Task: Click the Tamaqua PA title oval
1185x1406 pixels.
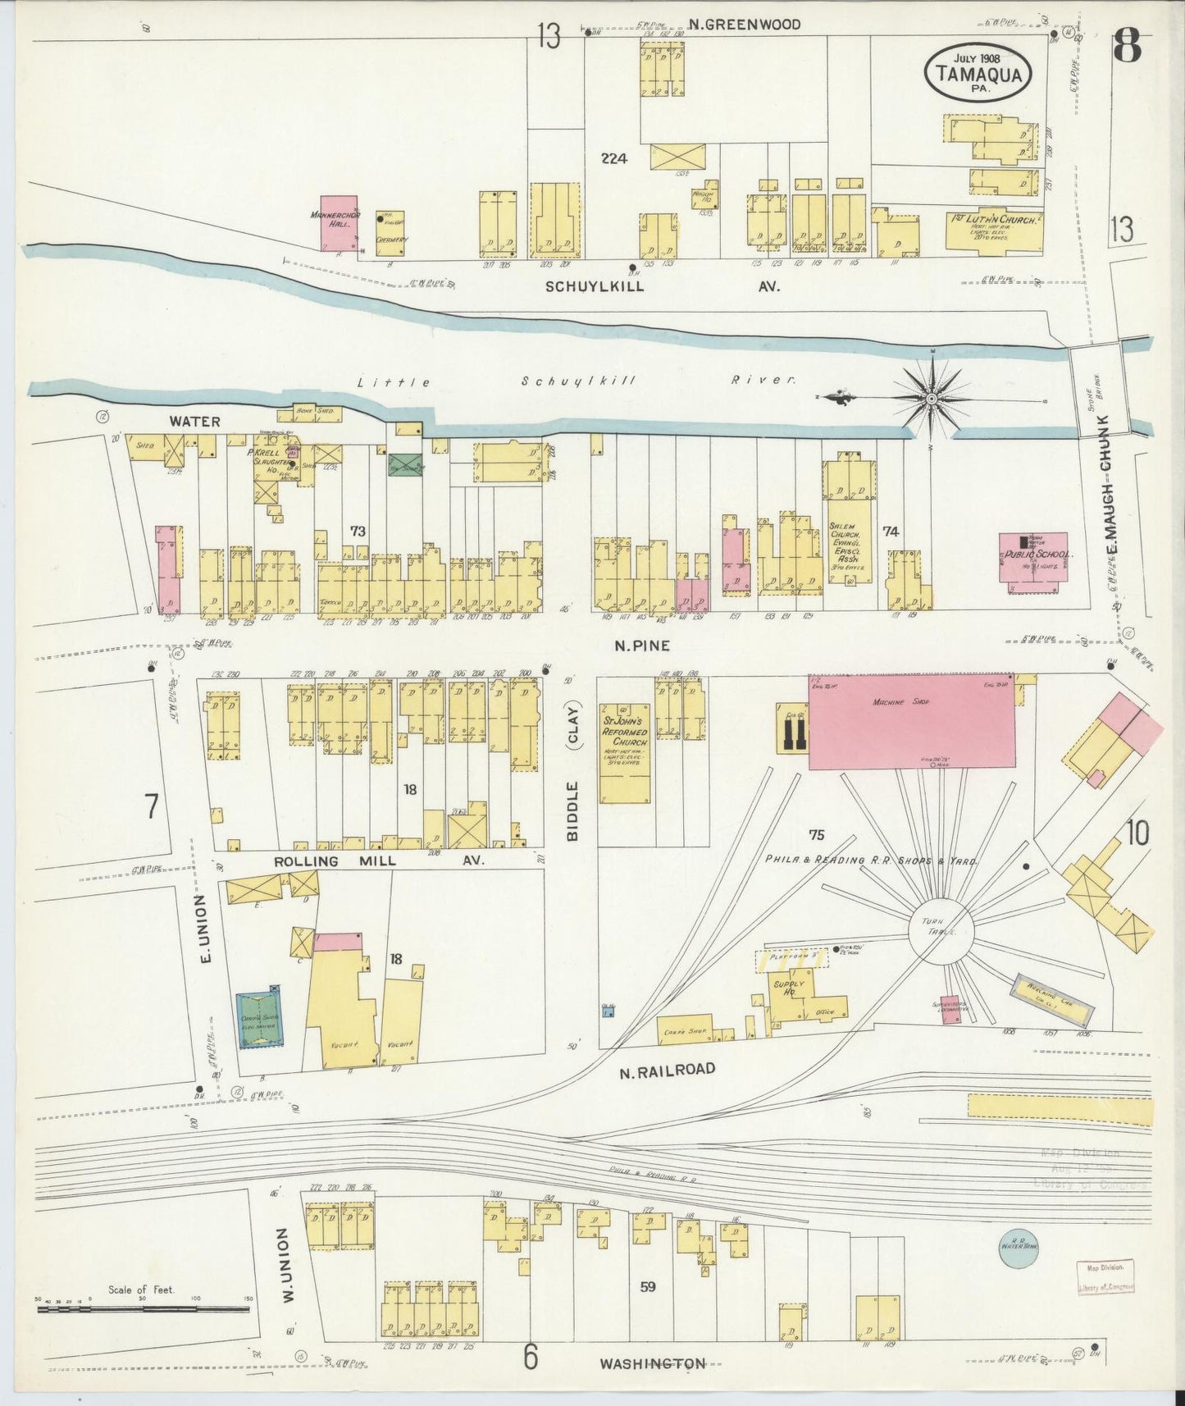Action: pos(978,72)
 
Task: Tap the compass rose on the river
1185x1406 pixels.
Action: pos(932,399)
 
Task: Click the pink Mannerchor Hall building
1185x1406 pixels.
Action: pos(339,222)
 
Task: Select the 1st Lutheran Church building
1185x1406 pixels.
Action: pos(994,230)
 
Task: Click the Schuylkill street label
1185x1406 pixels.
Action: pos(595,286)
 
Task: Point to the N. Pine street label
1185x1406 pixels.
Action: pos(642,646)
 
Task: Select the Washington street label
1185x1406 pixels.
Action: pos(652,1363)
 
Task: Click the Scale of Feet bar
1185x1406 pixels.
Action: pos(144,1308)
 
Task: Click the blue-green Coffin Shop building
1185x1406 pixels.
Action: pos(258,1020)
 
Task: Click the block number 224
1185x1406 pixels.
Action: pos(613,159)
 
